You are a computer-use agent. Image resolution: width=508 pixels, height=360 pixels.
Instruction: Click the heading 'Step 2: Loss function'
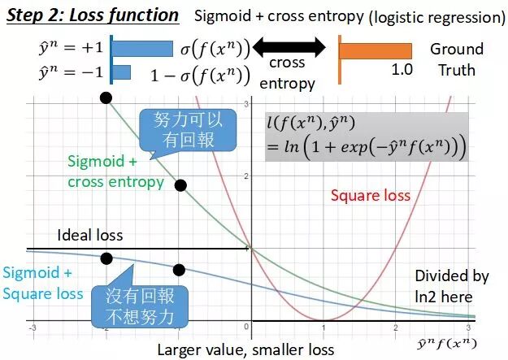click(93, 15)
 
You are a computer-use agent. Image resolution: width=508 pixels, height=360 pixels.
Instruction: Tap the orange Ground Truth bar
click(376, 50)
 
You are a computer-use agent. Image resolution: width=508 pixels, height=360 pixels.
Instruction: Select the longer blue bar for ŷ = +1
click(143, 48)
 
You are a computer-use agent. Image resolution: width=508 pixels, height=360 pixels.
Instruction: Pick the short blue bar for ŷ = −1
click(120, 72)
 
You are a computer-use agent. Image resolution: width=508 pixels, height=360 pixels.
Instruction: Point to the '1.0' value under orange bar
click(402, 70)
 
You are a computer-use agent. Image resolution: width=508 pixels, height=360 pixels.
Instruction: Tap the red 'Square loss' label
click(370, 195)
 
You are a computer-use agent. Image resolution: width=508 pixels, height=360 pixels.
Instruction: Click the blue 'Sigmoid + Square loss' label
click(42, 283)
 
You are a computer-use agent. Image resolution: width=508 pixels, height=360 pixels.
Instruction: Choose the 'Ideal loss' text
click(90, 236)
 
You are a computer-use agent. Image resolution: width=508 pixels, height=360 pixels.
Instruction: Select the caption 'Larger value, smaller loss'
click(245, 349)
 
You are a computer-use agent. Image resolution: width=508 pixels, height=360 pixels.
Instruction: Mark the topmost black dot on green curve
click(106, 98)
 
